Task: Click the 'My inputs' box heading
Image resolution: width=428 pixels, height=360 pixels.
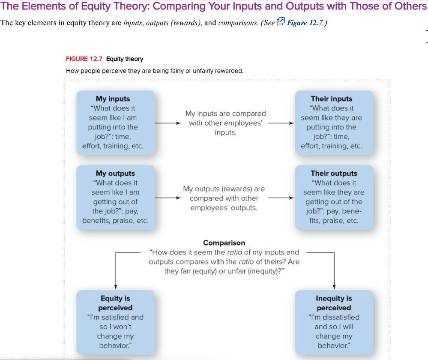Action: point(113,99)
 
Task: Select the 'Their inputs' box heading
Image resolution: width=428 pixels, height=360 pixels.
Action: point(331,99)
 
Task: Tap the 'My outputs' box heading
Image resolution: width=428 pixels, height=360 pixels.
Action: point(115,173)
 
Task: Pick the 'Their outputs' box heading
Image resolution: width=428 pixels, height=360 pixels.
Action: point(334,173)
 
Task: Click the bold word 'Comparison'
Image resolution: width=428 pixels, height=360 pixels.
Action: point(224,243)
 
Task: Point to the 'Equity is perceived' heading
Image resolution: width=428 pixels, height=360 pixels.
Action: point(115,303)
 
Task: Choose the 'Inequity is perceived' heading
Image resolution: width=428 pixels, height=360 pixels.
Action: point(334,303)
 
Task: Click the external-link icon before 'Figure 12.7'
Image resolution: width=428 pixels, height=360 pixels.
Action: point(281,22)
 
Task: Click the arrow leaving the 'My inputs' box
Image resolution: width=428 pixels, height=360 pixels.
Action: point(168,123)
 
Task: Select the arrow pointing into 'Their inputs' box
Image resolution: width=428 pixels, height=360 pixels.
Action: point(281,123)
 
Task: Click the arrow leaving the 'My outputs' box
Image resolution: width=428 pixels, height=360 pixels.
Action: point(168,198)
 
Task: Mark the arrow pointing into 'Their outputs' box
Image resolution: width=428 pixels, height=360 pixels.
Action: point(281,198)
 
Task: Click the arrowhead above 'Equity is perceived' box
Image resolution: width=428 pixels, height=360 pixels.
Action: point(116,287)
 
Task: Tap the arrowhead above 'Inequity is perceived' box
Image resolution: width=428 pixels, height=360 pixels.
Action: point(334,287)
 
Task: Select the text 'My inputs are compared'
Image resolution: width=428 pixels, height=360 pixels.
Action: point(225,114)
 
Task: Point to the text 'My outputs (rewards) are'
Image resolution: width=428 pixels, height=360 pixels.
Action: point(224,189)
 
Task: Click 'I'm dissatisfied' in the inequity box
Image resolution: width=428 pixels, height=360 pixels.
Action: point(334,317)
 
